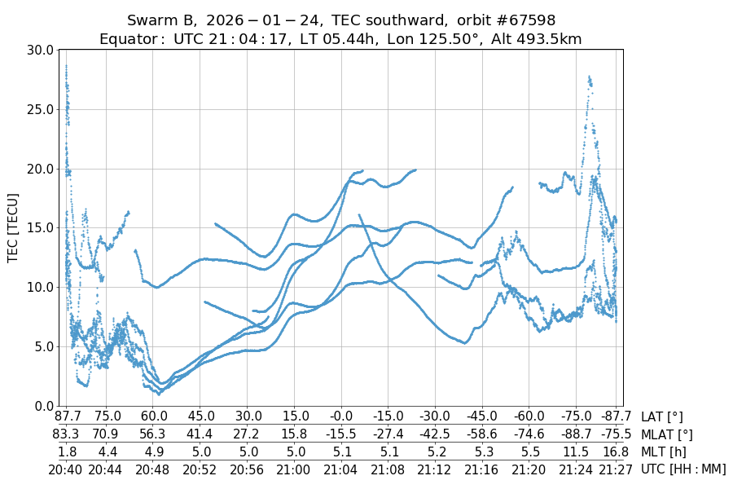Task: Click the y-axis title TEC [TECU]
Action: point(13,227)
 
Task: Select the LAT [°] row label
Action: point(662,417)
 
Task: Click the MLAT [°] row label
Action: point(667,434)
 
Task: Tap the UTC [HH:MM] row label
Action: point(683,469)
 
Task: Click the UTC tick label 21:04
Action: point(340,469)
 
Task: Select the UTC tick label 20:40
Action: point(66,469)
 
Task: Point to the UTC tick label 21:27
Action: point(615,469)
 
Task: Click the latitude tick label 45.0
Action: point(200,417)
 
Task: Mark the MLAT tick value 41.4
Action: point(200,434)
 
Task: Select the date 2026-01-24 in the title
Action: point(261,20)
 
